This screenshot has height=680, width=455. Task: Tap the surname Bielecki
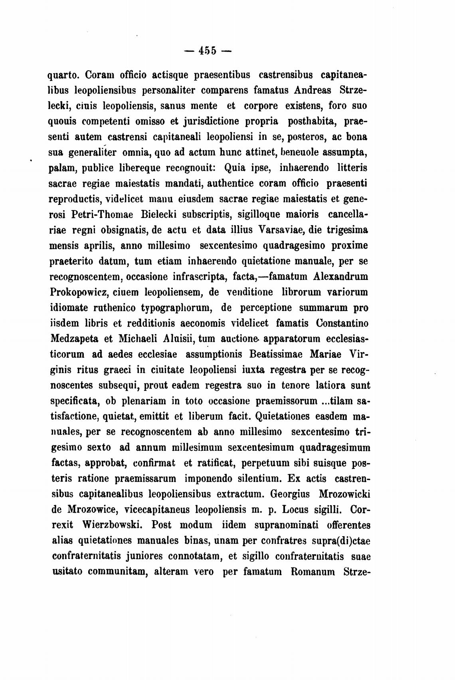pos(160,214)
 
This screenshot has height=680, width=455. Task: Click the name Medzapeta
pos(74,339)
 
